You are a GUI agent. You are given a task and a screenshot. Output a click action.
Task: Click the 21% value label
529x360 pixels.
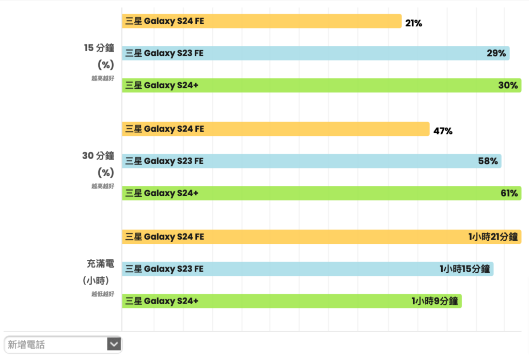(413, 23)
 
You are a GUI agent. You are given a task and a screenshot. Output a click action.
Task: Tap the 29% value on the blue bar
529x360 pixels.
(496, 53)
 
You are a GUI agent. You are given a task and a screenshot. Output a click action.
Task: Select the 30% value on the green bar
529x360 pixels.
(508, 86)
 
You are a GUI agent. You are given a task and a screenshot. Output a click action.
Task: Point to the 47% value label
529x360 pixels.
(443, 131)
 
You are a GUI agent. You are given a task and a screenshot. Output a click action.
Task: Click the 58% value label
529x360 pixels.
(488, 161)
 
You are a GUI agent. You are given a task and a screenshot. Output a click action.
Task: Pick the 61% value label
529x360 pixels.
(509, 194)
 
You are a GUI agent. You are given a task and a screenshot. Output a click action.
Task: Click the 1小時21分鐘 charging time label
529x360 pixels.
(493, 237)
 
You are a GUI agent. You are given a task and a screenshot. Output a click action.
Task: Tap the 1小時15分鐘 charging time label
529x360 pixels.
(464, 269)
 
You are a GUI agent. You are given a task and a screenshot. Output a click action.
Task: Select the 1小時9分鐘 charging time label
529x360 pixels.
(434, 302)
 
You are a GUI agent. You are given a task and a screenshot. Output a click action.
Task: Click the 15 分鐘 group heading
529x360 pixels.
(99, 48)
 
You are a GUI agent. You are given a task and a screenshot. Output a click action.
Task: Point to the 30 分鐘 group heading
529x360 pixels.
(98, 156)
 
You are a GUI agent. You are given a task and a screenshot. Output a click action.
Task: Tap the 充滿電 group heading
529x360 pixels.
(100, 264)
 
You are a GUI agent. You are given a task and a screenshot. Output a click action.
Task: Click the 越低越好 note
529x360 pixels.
(102, 294)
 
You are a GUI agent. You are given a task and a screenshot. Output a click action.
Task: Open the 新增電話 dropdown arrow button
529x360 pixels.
(114, 345)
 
